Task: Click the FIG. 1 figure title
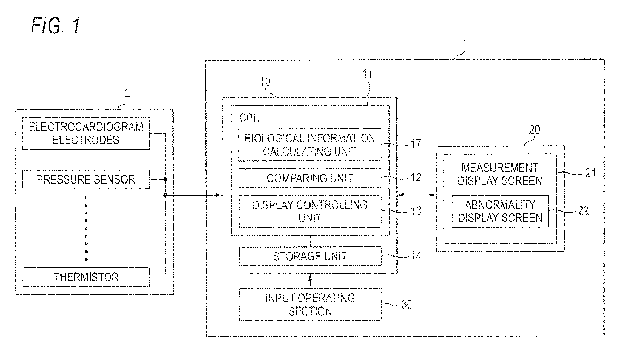click(56, 26)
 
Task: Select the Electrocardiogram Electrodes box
click(86, 133)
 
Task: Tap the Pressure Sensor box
click(86, 179)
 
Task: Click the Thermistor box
click(86, 277)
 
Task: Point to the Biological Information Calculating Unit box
click(310, 145)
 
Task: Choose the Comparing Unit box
click(310, 178)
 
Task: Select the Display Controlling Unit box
click(310, 211)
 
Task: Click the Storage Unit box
click(310, 256)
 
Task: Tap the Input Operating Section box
click(310, 304)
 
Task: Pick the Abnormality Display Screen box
click(500, 211)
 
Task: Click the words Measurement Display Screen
click(500, 174)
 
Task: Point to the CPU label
click(249, 118)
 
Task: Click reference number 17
click(416, 144)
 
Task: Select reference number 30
click(407, 305)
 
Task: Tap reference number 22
click(583, 210)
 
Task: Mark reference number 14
click(416, 255)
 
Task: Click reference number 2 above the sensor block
click(127, 93)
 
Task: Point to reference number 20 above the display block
click(534, 130)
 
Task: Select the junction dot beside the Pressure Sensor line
click(165, 180)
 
